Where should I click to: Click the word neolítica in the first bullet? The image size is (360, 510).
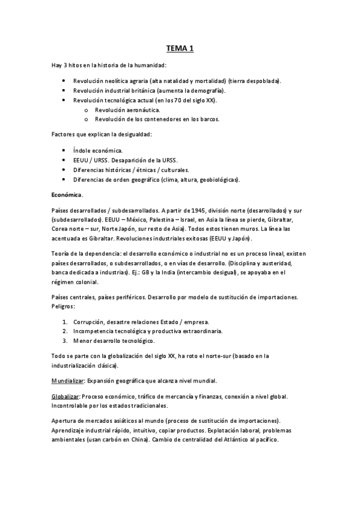coord(113,81)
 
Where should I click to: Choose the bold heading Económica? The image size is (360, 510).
coord(66,195)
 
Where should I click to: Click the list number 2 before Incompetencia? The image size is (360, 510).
coord(64,331)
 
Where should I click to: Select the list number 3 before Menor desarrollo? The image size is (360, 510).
coord(64,341)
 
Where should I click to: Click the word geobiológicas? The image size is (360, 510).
coord(217,180)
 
